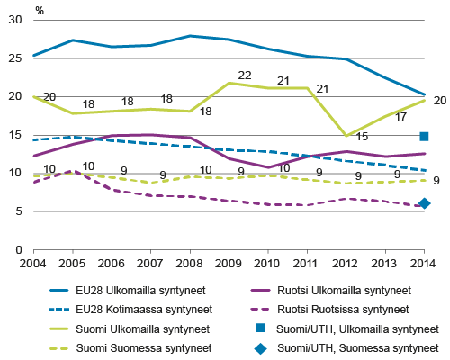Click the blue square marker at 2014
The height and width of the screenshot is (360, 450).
coord(425,136)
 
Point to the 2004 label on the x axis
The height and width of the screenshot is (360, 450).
coord(31,262)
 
